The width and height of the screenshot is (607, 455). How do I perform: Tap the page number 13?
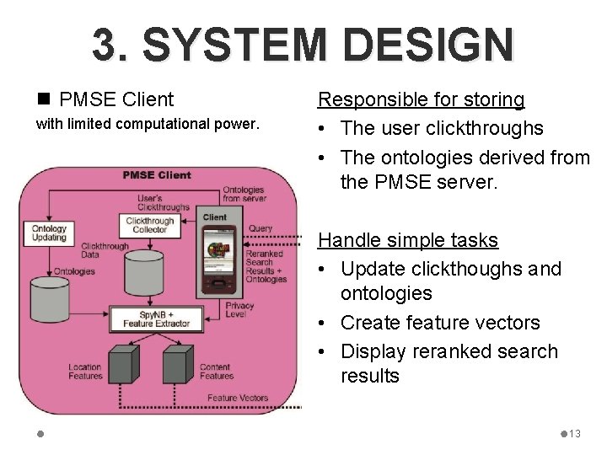tap(575, 433)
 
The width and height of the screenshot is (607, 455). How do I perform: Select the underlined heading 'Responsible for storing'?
tap(421, 99)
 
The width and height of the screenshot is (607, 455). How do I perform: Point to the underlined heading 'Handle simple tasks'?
tap(407, 240)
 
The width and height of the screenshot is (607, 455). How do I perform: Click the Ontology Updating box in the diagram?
tap(49, 233)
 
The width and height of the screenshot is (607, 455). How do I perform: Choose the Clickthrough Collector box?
tap(150, 225)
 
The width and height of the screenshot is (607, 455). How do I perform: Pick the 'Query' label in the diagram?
tap(261, 228)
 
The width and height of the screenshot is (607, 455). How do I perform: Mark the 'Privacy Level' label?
tap(239, 310)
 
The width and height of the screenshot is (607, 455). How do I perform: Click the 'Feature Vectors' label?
tap(237, 398)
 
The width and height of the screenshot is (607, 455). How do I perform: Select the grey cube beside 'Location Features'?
tap(123, 364)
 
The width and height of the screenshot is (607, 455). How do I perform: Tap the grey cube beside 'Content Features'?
tap(178, 364)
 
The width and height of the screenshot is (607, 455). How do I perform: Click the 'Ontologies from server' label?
tap(244, 194)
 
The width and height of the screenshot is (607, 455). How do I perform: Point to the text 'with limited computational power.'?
tap(146, 124)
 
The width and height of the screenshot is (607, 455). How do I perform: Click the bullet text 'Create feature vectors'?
tap(440, 323)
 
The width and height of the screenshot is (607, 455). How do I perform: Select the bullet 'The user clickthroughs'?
tap(442, 128)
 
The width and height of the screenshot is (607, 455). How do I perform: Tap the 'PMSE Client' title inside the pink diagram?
tap(157, 175)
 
